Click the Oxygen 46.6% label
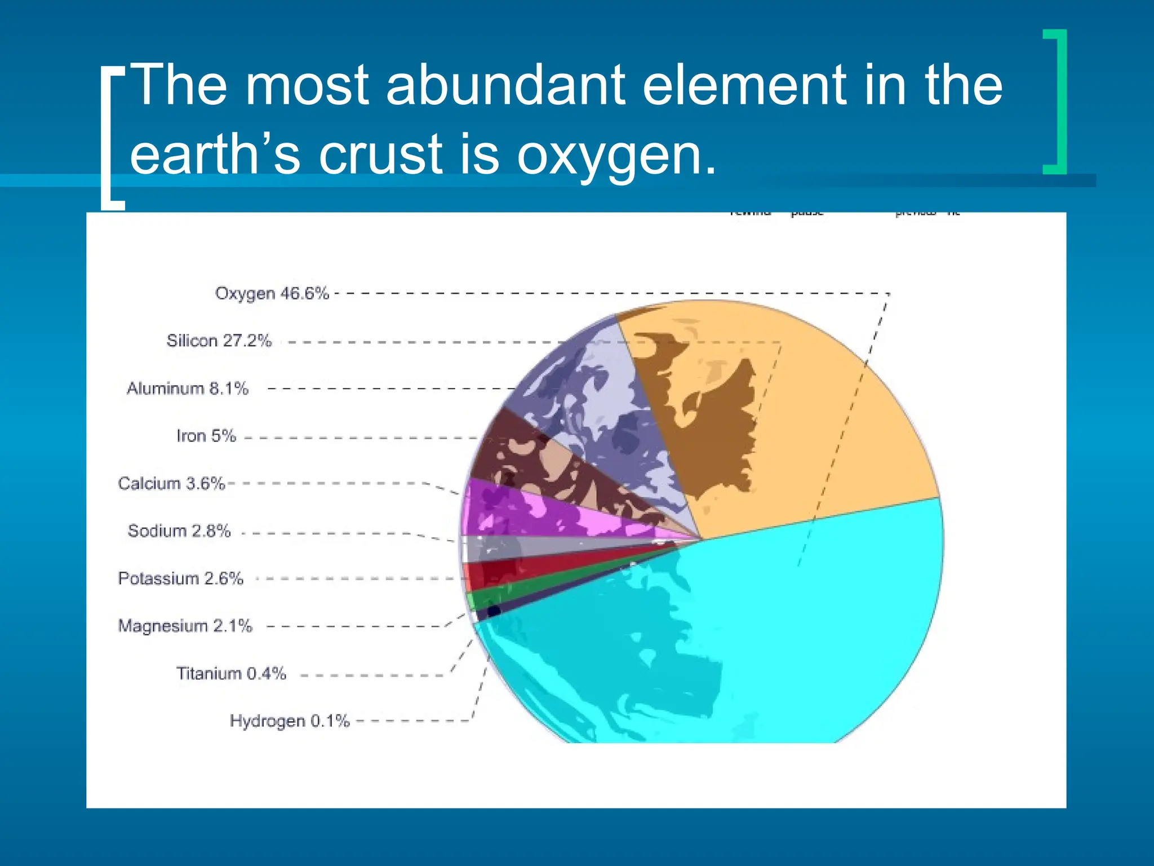point(272,293)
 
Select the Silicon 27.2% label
point(219,341)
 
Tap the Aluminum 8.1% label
point(187,388)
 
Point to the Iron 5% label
point(206,436)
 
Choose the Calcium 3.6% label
point(171,483)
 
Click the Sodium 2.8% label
point(179,531)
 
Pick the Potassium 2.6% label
point(180,578)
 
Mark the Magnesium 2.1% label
point(185,626)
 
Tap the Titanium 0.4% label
point(231,673)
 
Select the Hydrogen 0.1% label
point(290,721)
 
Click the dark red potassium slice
point(507,572)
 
